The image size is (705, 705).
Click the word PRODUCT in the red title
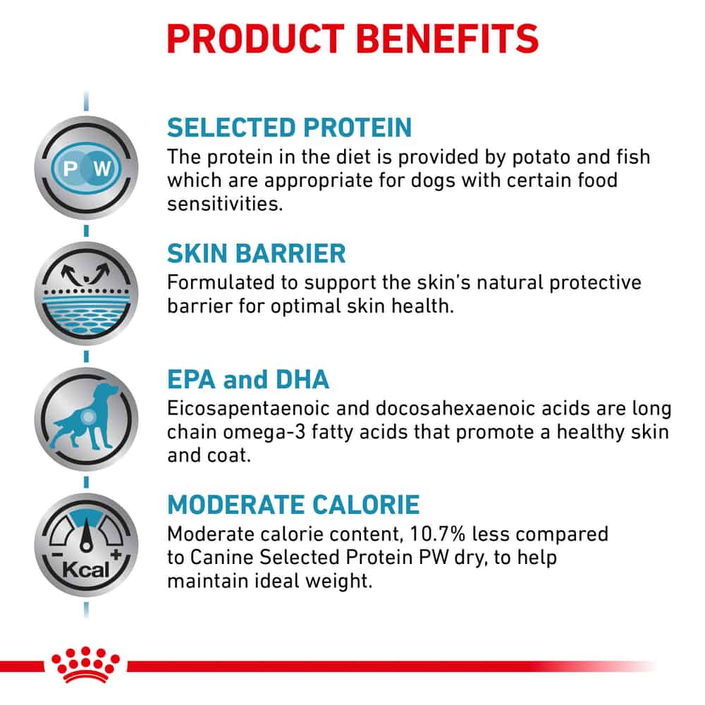(255, 39)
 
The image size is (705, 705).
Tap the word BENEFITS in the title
(448, 39)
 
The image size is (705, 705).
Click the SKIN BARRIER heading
(257, 253)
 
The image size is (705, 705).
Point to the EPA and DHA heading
(247, 379)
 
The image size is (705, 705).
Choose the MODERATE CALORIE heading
(293, 505)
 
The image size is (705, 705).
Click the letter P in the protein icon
(70, 169)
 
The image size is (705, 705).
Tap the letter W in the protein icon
(102, 169)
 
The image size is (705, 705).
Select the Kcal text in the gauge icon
(85, 570)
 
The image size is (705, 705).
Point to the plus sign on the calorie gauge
(116, 554)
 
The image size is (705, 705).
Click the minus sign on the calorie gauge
(56, 555)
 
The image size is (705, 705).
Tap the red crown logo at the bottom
(85, 665)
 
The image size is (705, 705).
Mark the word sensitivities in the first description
(225, 204)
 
